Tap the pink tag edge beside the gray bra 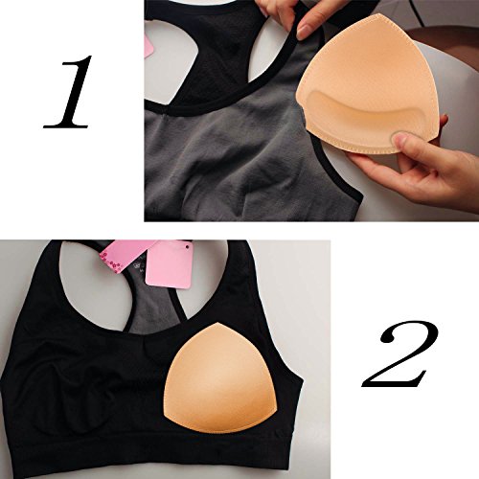(148, 44)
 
